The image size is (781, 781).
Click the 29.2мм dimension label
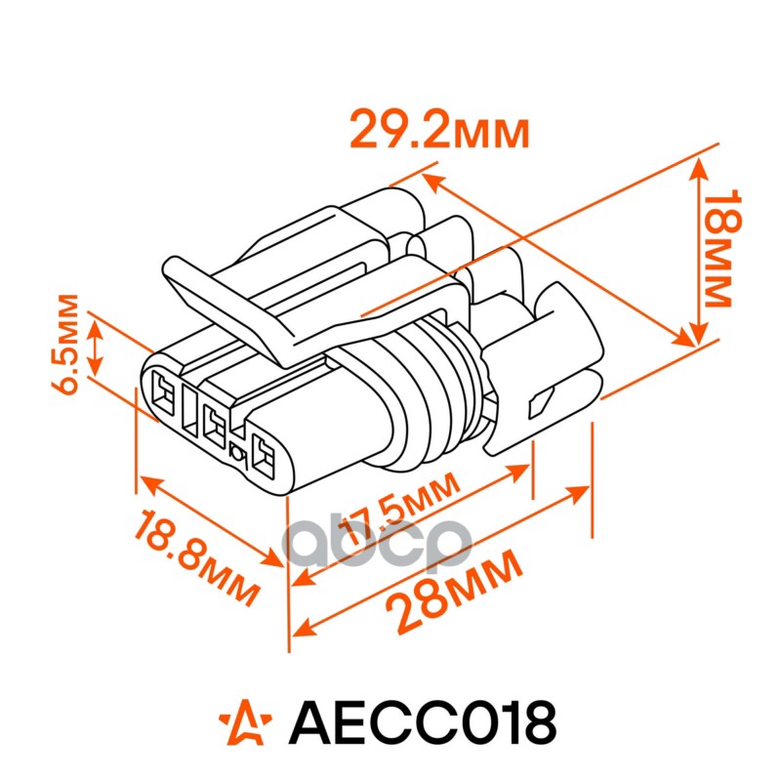pyautogui.click(x=439, y=130)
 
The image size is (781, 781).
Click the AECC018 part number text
pyautogui.click(x=423, y=724)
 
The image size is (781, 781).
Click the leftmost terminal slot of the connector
pyautogui.click(x=164, y=396)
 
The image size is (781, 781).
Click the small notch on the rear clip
pyautogui.click(x=540, y=401)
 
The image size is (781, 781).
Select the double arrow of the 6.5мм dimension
pyautogui.click(x=95, y=344)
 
